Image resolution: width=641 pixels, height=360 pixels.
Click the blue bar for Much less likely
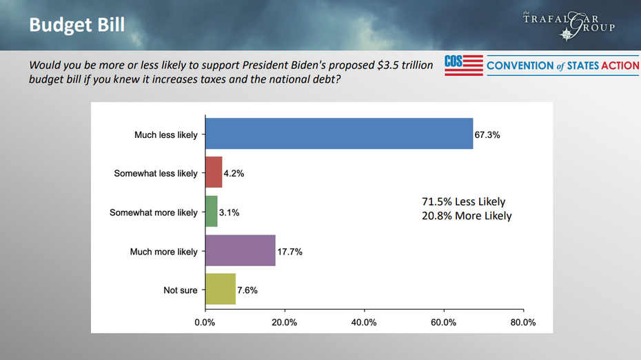pyautogui.click(x=339, y=134)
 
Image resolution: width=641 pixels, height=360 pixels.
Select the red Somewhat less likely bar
pyautogui.click(x=214, y=173)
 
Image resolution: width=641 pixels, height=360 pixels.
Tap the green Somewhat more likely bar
pyautogui.click(x=212, y=212)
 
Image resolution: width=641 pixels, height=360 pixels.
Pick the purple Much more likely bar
pyautogui.click(x=241, y=251)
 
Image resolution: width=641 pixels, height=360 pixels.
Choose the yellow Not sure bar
pyautogui.click(x=221, y=290)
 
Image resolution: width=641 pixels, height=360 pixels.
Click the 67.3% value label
pyautogui.click(x=487, y=135)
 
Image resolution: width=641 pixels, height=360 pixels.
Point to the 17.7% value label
pyautogui.click(x=289, y=252)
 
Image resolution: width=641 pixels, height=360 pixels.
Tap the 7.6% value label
pyautogui.click(x=247, y=290)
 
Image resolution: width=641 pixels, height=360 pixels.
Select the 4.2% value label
pyautogui.click(x=234, y=174)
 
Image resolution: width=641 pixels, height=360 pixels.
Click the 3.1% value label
pyautogui.click(x=230, y=213)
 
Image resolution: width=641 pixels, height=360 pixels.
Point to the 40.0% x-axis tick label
pyautogui.click(x=364, y=322)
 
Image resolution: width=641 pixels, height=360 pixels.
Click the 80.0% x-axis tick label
pyautogui.click(x=522, y=322)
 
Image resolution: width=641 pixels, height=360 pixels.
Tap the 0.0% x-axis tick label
pyautogui.click(x=205, y=322)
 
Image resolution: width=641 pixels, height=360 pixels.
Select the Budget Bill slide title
pyautogui.click(x=77, y=25)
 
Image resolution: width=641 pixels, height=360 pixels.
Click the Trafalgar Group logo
pyautogui.click(x=578, y=25)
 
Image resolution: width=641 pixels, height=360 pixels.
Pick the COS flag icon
pyautogui.click(x=463, y=66)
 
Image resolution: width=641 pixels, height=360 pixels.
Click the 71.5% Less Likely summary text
pyautogui.click(x=463, y=202)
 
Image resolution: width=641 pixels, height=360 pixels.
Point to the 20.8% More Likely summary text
pyautogui.click(x=467, y=216)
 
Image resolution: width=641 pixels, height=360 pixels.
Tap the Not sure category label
pyautogui.click(x=180, y=290)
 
